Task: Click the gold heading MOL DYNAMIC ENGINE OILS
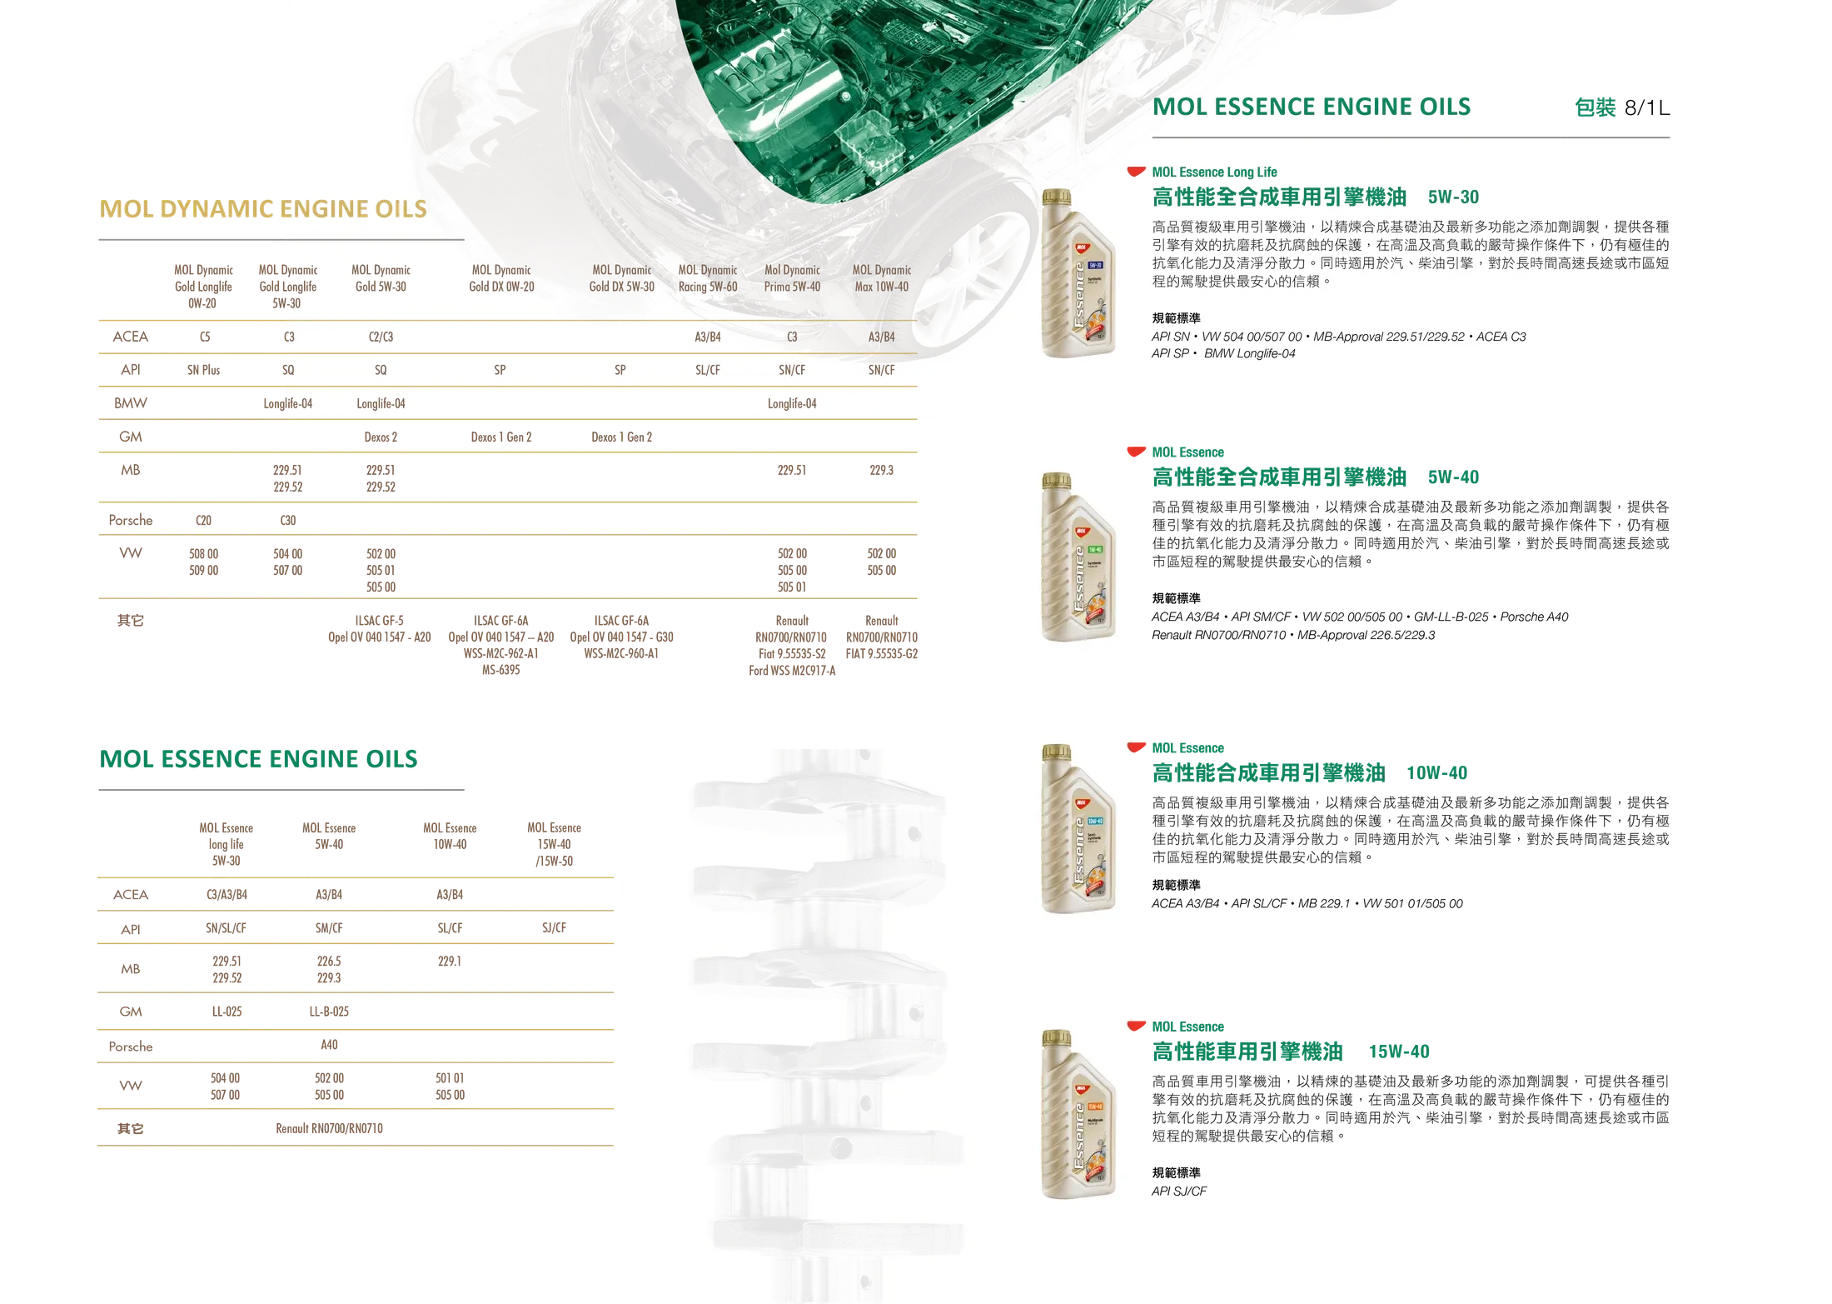(263, 208)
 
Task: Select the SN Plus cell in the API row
(203, 370)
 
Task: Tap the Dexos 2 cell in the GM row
(381, 437)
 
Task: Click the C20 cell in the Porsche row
(203, 520)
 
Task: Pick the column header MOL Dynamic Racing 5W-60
(708, 278)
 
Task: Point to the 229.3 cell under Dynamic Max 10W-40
(881, 470)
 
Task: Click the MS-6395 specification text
(500, 670)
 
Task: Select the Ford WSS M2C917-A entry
(792, 670)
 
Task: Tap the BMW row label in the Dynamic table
(131, 403)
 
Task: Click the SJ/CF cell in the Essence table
(554, 927)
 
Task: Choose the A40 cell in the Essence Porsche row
(329, 1044)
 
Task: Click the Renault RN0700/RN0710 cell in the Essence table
(329, 1128)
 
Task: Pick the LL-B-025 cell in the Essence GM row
(329, 1012)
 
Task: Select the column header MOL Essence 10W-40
(450, 836)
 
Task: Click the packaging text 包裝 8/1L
(1621, 107)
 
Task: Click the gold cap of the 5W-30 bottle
(1057, 197)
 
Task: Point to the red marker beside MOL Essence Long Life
(1136, 172)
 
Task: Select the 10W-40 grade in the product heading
(1436, 772)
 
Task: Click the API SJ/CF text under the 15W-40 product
(1178, 1191)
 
